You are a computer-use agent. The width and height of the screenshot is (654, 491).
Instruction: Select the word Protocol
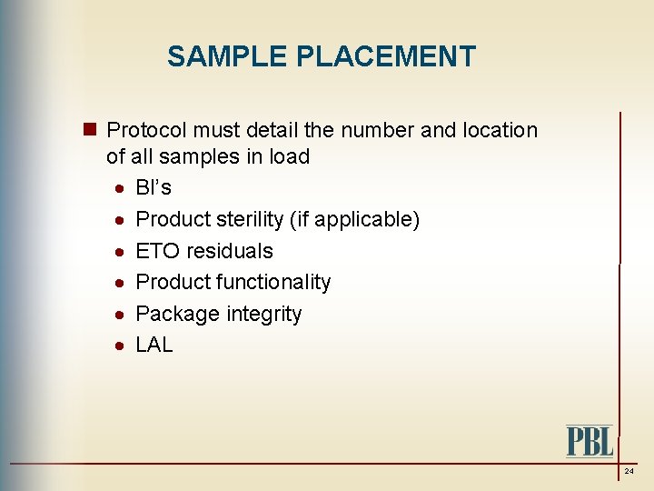(x=146, y=130)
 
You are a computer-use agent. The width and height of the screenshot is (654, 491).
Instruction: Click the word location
(x=501, y=130)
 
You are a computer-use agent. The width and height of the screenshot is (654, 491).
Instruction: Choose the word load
(x=290, y=156)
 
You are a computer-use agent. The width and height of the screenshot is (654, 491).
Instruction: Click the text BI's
(x=154, y=188)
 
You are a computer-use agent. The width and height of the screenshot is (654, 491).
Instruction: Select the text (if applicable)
(x=358, y=219)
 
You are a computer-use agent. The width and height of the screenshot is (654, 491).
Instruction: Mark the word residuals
(x=230, y=251)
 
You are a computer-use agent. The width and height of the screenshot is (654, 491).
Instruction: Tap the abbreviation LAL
(x=154, y=346)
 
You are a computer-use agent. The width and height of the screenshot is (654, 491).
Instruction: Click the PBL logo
(x=590, y=440)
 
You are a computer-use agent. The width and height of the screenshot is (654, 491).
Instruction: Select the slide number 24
(x=629, y=472)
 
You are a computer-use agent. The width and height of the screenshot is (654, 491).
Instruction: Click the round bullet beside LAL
(x=120, y=346)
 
